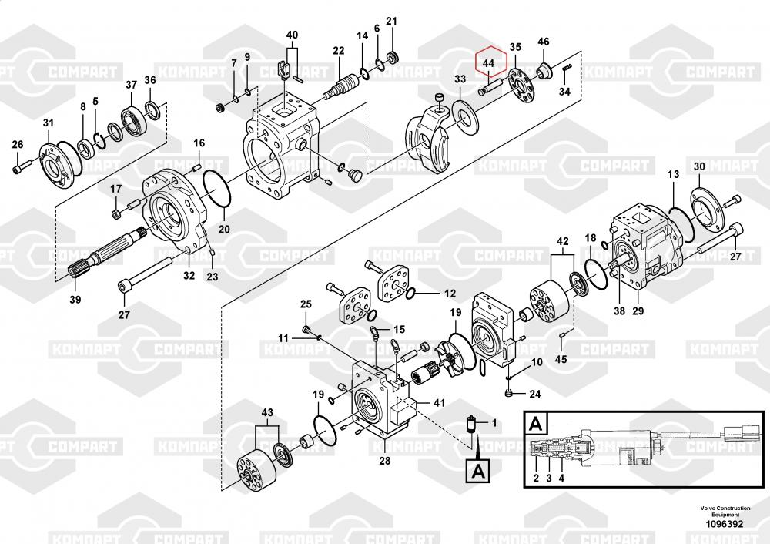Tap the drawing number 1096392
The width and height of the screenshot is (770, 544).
pos(723,525)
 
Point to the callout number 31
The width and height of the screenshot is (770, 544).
pos(49,123)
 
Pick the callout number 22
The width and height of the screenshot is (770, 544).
pos(338,51)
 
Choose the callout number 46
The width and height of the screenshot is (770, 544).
pos(543,42)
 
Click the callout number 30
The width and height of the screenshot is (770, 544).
pos(699,167)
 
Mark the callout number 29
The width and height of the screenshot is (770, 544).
pos(638,311)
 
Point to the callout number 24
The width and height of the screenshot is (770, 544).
pos(534,395)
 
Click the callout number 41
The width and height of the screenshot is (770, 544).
pos(439,403)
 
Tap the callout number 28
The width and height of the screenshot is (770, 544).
pos(384,461)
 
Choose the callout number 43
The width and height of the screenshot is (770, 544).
pos(266,412)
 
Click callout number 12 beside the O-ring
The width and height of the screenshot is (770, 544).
pos(449,294)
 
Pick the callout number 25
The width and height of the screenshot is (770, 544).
pos(305,304)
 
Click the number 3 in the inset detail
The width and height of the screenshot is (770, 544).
pos(549,479)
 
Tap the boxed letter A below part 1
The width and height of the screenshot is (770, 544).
pos(477,470)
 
